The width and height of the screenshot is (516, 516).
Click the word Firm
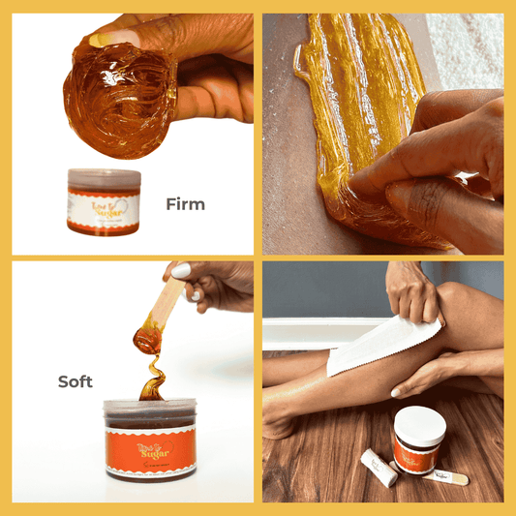pyautogui.click(x=185, y=204)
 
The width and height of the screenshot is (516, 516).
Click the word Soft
pyautogui.click(x=75, y=381)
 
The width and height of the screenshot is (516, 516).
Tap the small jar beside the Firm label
pyautogui.click(x=104, y=201)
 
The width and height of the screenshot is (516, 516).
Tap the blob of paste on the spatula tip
pyautogui.click(x=148, y=339)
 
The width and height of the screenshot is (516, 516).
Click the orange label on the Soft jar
pyautogui.click(x=150, y=451)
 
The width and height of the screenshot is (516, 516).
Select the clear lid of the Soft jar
pyautogui.click(x=150, y=410)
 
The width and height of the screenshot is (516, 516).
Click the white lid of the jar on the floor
pyautogui.click(x=419, y=424)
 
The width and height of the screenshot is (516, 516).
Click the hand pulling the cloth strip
pyautogui.click(x=411, y=290)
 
